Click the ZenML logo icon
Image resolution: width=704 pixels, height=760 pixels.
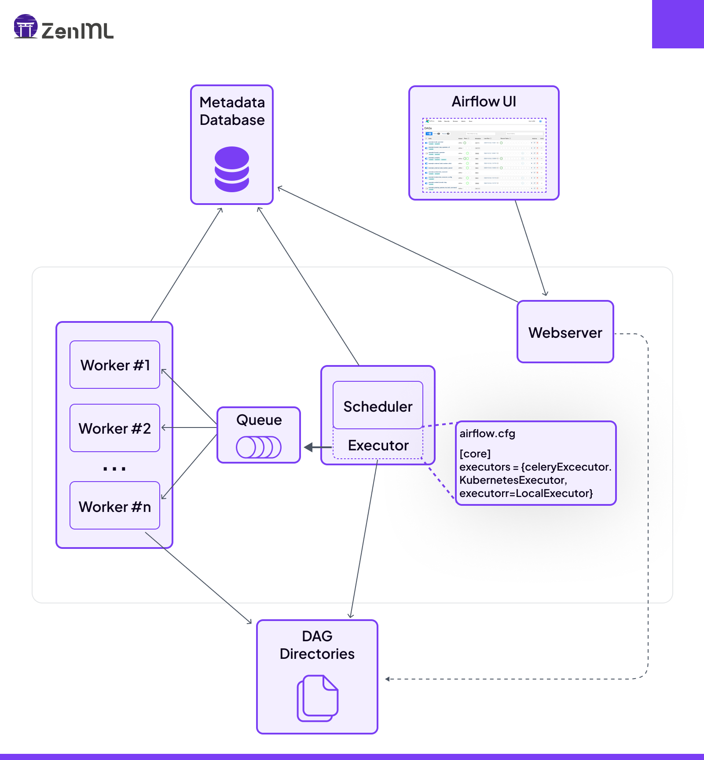pyautogui.click(x=26, y=26)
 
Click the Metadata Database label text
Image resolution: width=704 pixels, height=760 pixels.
pyautogui.click(x=232, y=111)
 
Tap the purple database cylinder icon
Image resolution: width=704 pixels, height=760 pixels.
pyautogui.click(x=232, y=169)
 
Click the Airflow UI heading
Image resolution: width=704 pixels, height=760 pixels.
pyautogui.click(x=484, y=102)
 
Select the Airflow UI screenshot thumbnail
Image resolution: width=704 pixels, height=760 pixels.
pyautogui.click(x=484, y=155)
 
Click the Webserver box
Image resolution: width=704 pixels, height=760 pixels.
pyautogui.click(x=565, y=332)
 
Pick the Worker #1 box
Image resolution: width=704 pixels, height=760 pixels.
pyautogui.click(x=115, y=365)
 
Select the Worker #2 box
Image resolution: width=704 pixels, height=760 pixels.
pyautogui.click(x=115, y=428)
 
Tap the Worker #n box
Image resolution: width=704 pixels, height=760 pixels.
pyautogui.click(x=115, y=506)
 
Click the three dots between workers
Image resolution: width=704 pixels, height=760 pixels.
pyautogui.click(x=114, y=469)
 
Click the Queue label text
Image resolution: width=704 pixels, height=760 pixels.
pyautogui.click(x=259, y=420)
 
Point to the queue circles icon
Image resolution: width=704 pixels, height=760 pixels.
pyautogui.click(x=259, y=447)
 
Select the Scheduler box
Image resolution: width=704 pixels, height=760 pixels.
pyautogui.click(x=378, y=406)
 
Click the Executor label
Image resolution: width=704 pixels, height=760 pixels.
pyautogui.click(x=378, y=446)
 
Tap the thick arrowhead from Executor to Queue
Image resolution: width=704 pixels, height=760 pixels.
pyautogui.click(x=309, y=447)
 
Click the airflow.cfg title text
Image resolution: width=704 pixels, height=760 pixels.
pyautogui.click(x=487, y=434)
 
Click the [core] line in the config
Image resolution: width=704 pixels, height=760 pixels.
pyautogui.click(x=475, y=453)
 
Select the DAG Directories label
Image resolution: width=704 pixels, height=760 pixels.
pyautogui.click(x=317, y=645)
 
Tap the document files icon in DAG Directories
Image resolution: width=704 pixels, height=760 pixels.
pyautogui.click(x=318, y=698)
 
